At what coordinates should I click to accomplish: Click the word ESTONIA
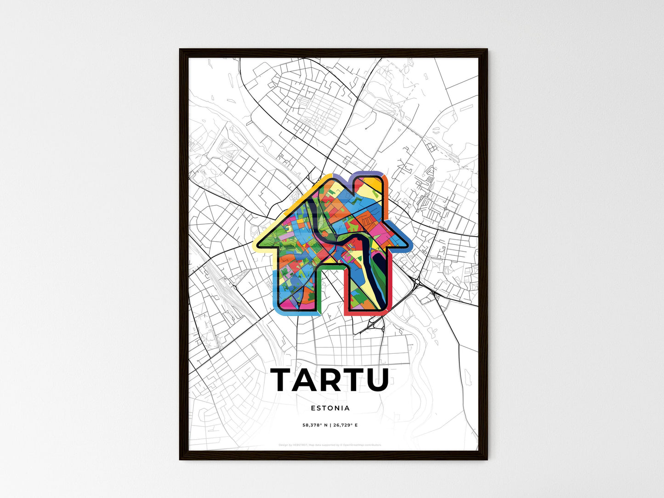pyautogui.click(x=330, y=408)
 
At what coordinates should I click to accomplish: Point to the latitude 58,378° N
pyautogui.click(x=315, y=425)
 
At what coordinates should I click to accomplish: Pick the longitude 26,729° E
pyautogui.click(x=345, y=425)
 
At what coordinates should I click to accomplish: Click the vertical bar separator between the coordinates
pyautogui.click(x=330, y=425)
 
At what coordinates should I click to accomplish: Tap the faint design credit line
pyautogui.click(x=330, y=445)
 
